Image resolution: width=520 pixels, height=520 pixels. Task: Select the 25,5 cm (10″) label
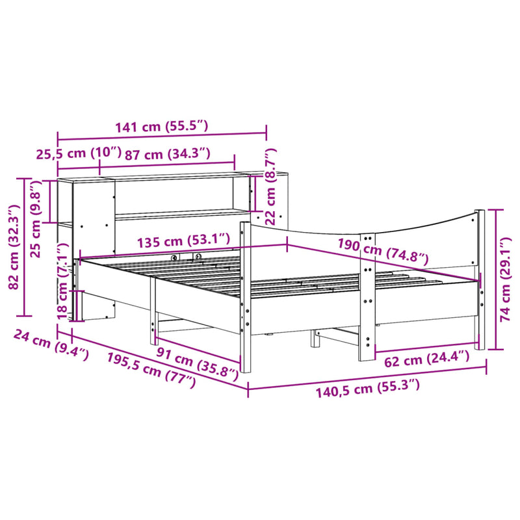(78, 154)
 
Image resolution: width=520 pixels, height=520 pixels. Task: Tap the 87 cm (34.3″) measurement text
(168, 154)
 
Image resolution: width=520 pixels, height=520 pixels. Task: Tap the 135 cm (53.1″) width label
(183, 241)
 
